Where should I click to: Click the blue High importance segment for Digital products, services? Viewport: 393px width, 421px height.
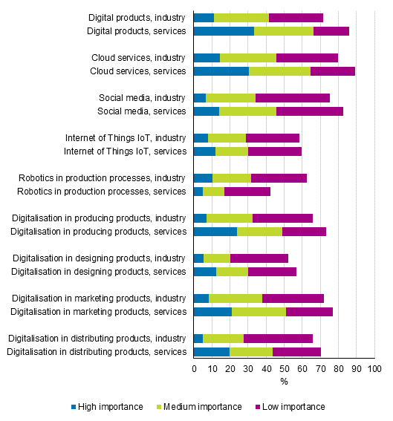click(x=224, y=31)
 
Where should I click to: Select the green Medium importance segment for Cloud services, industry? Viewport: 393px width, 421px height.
click(x=248, y=58)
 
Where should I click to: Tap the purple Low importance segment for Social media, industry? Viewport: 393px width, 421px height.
click(x=293, y=98)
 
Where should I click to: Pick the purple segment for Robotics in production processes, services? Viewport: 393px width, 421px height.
click(x=247, y=192)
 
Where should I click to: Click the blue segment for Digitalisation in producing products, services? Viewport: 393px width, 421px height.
click(x=215, y=232)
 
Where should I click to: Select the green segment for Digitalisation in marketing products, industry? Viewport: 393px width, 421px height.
click(x=236, y=298)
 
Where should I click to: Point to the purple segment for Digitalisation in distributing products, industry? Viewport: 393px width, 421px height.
click(x=278, y=339)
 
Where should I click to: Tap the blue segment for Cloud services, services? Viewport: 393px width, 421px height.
click(x=221, y=71)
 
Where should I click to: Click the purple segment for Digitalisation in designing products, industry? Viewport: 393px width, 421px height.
click(x=259, y=258)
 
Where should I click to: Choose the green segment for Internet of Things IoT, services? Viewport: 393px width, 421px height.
click(x=232, y=151)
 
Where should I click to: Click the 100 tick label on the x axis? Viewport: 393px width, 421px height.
click(x=374, y=368)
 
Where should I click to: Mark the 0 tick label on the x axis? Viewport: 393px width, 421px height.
click(x=194, y=368)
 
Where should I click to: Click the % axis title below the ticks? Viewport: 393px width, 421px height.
click(x=284, y=382)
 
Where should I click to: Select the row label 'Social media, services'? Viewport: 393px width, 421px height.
click(x=142, y=111)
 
